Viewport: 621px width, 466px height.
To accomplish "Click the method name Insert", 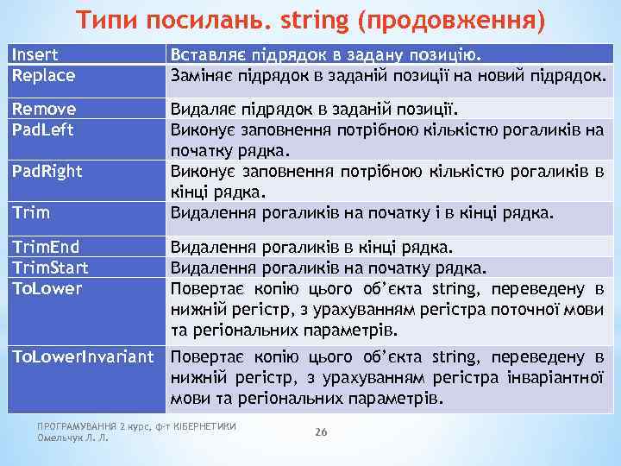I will pos(34,55).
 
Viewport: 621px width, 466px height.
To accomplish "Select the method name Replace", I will pos(42,75).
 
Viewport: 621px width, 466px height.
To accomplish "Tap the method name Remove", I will pos(43,109).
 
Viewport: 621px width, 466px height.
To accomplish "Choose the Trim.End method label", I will pos(46,247).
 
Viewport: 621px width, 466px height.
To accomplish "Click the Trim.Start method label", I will pos(49,268).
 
